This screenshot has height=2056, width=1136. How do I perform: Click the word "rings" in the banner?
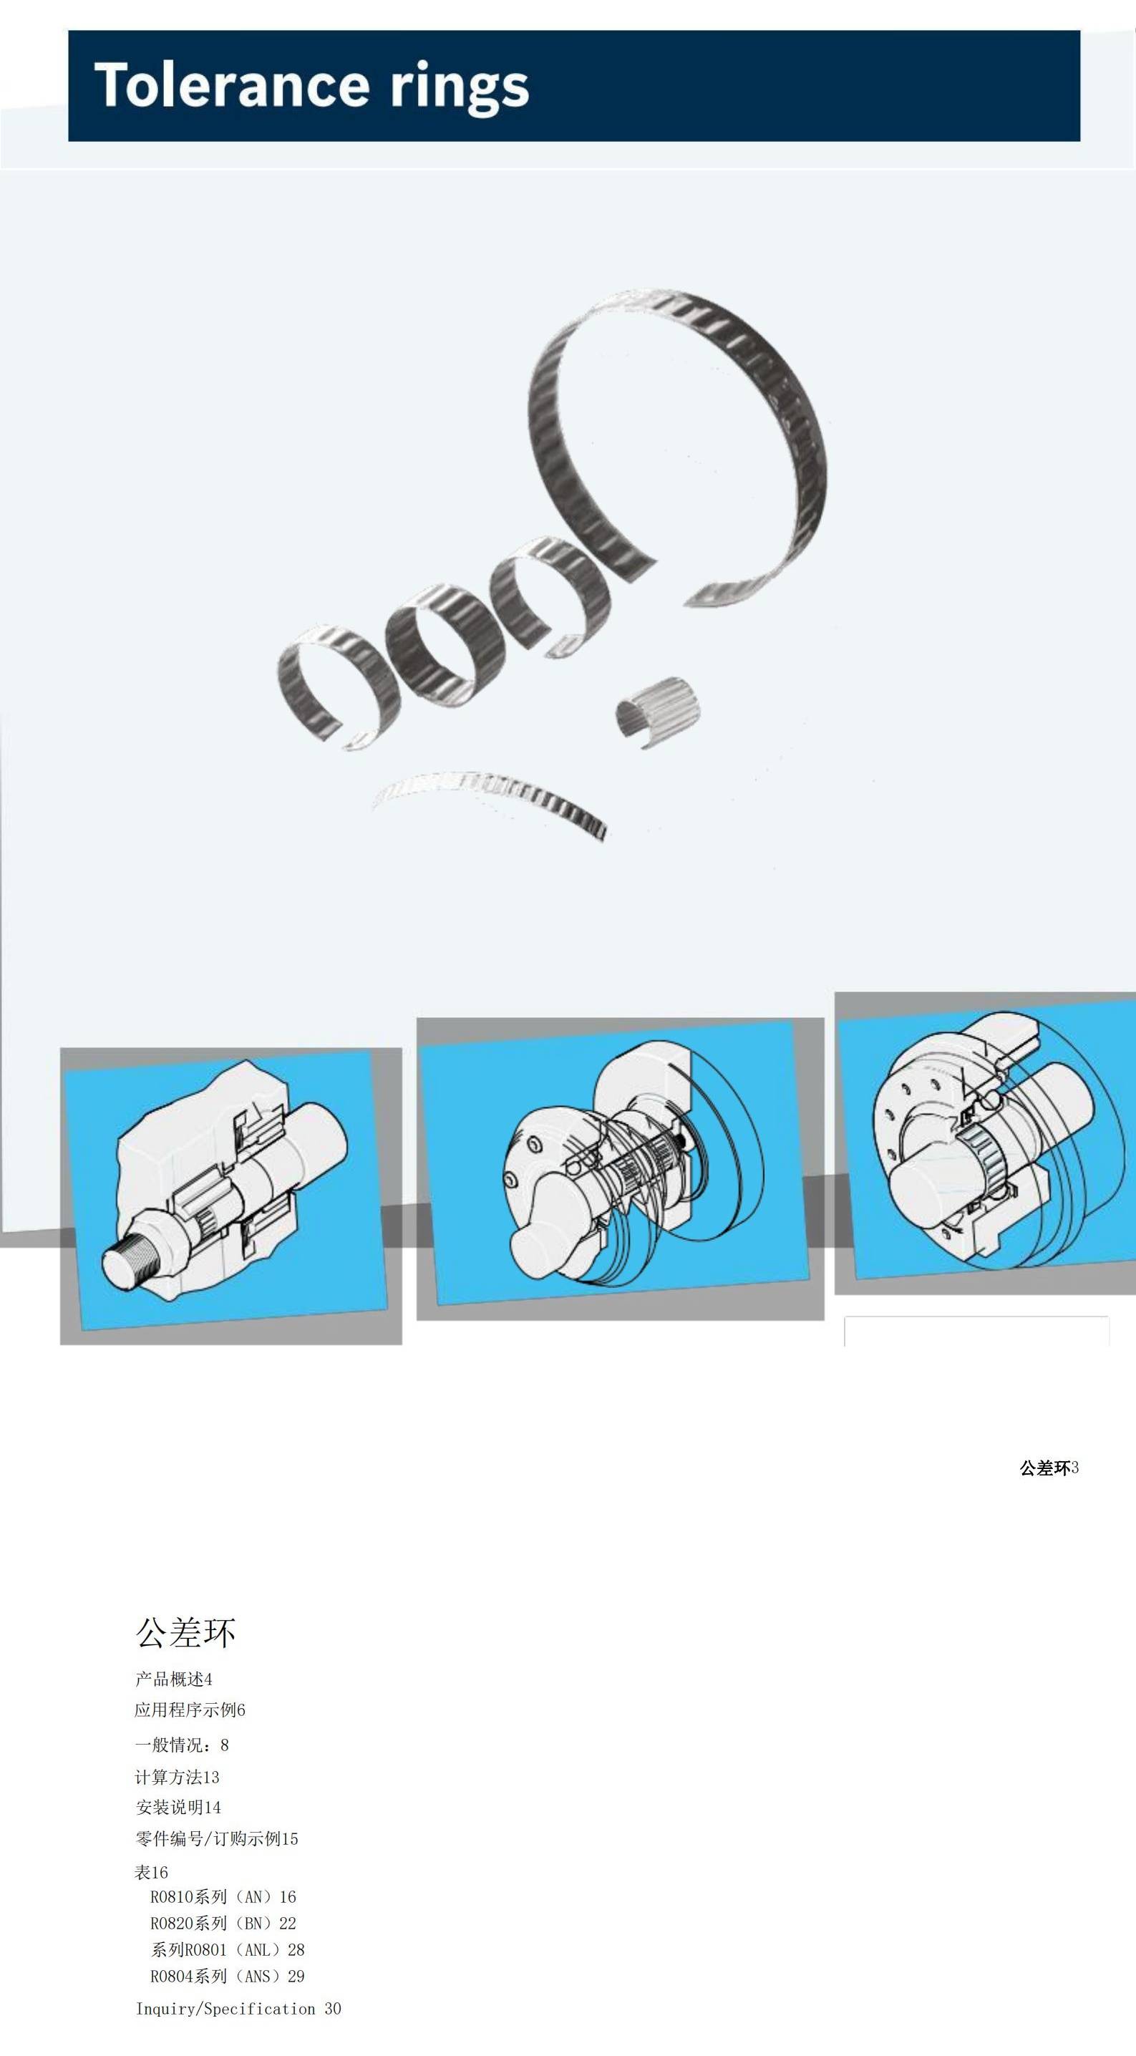[x=459, y=88]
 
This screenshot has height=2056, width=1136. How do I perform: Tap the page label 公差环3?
[x=1049, y=1468]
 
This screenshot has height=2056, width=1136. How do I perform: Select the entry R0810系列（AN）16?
[x=223, y=1896]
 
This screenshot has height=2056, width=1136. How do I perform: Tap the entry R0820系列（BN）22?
[x=223, y=1923]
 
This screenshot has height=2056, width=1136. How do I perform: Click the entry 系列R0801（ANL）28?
[x=228, y=1949]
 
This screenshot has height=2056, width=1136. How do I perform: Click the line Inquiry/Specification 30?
[x=238, y=2009]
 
